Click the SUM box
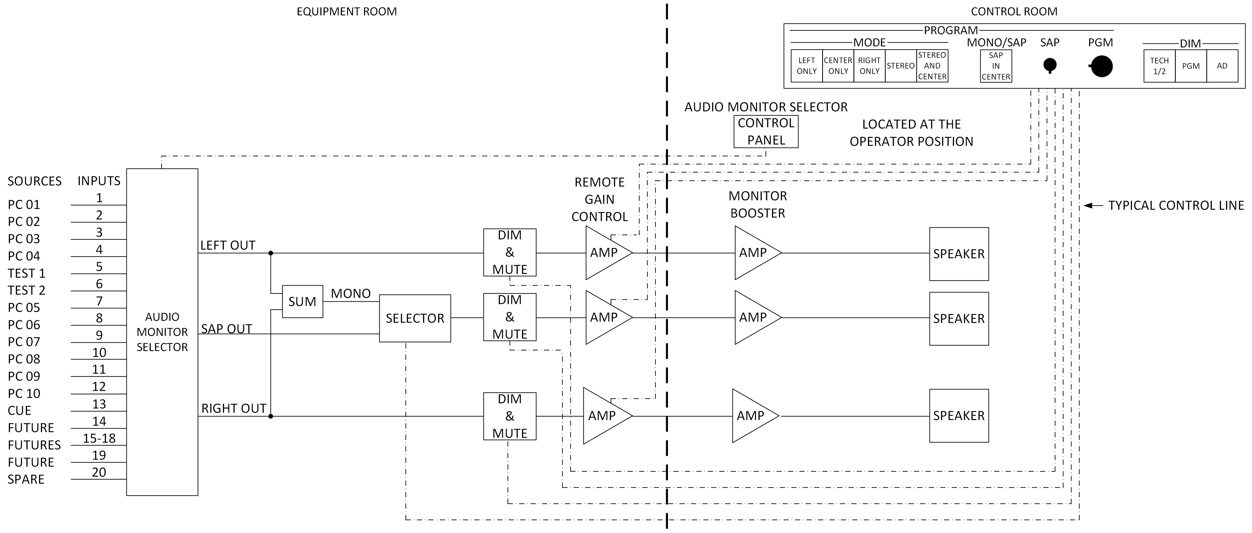point(302,302)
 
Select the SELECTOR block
point(414,318)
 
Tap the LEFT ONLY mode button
point(806,66)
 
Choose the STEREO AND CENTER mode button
point(932,66)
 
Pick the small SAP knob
point(1050,65)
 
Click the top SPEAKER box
point(958,254)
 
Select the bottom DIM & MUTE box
point(509,416)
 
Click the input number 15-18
point(99,438)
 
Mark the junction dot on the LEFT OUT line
point(271,253)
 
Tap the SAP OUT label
point(227,329)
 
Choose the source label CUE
point(19,411)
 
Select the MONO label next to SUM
point(351,294)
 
